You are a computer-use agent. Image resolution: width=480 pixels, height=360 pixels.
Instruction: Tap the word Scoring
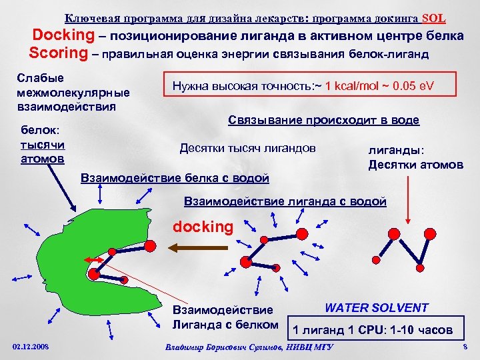[x=58, y=52]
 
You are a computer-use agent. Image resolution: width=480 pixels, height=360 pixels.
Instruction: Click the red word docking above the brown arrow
[x=203, y=227]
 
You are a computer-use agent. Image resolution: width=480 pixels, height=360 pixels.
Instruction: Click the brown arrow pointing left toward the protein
[x=193, y=247]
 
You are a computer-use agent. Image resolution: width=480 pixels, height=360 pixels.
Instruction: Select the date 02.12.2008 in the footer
[x=31, y=347]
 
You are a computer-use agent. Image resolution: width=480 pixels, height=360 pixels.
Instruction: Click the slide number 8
[x=465, y=347]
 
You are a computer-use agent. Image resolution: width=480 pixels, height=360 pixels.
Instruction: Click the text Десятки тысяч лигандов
[x=247, y=148]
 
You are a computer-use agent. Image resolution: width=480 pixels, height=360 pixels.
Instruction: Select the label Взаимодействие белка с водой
[x=174, y=178]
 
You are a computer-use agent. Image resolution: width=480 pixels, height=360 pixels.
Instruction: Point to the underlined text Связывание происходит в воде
[x=323, y=120]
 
